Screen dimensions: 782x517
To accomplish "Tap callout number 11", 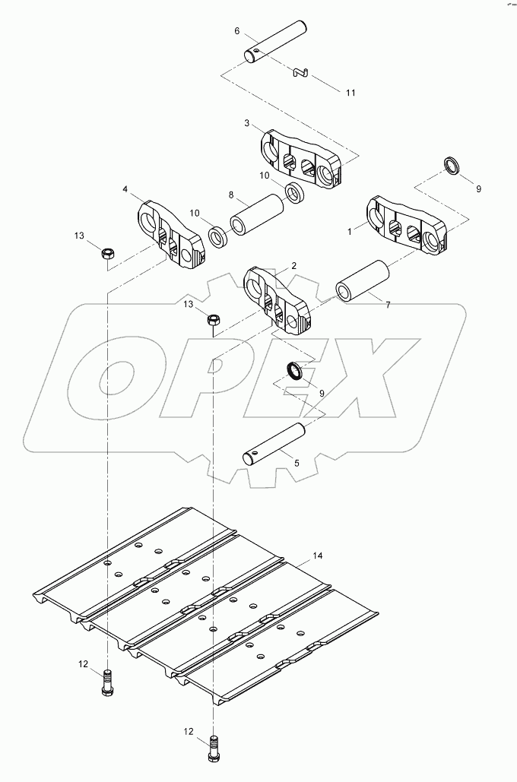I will pos(350,93).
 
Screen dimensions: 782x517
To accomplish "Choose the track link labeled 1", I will pos(408,225).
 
